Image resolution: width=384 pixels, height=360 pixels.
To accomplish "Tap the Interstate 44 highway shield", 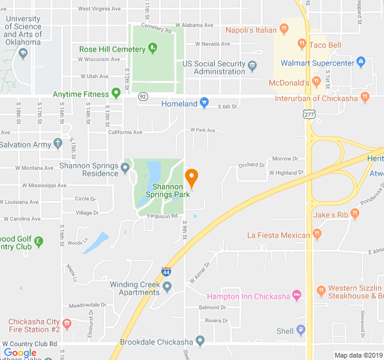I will click(166, 272).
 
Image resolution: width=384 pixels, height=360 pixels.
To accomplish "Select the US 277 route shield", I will click(308, 114).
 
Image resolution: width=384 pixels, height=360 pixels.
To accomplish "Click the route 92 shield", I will click(142, 97).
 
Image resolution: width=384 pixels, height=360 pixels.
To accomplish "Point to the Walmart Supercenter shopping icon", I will click(361, 61).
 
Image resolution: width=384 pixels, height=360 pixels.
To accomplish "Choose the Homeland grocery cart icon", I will click(204, 103).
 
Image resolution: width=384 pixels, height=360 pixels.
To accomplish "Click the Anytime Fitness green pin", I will click(116, 94).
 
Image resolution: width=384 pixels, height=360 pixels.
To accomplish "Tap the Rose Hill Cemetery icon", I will click(153, 47).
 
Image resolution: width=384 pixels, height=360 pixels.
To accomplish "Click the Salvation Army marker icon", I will click(58, 143).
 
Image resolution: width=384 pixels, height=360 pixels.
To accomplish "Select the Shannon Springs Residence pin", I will click(125, 167).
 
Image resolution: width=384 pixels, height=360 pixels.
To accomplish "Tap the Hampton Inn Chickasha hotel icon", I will click(295, 295).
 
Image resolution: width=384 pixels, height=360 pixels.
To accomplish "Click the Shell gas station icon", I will click(301, 331).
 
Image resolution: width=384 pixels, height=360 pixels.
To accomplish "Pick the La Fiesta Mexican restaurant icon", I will click(317, 234).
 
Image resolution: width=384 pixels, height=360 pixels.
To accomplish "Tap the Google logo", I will click(20, 353).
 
